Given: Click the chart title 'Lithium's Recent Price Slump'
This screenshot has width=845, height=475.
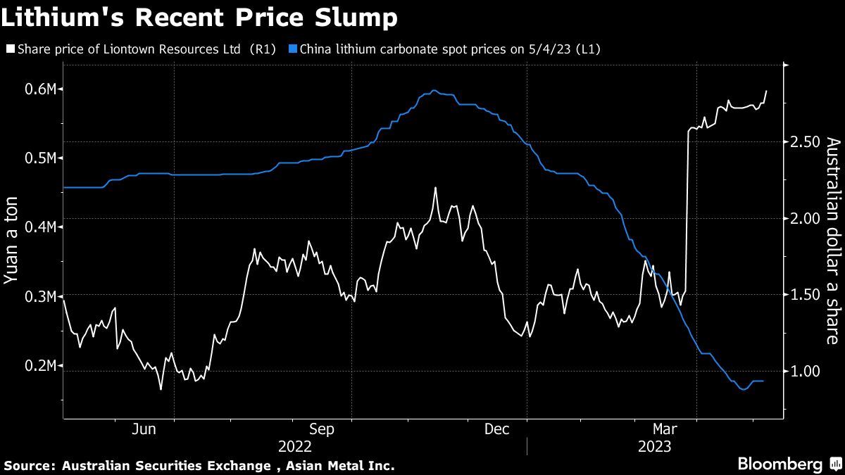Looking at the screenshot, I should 199,18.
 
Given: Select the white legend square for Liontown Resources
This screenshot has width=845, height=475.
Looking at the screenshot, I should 10,49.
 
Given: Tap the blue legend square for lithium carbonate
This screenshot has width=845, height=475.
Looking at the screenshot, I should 293,49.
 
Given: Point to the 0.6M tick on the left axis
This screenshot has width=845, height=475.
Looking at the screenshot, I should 43,89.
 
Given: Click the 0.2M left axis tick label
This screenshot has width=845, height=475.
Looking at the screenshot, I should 43,366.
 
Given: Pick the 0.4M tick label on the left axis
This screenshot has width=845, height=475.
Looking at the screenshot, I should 43,227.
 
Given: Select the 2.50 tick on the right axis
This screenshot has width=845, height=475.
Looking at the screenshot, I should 806,141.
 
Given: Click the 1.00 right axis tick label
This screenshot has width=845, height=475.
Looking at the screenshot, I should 806,371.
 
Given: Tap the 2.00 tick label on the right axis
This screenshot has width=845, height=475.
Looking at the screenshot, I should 806,218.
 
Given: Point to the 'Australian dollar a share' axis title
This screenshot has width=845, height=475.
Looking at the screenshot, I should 833,241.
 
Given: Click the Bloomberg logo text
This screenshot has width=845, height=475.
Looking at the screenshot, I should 780,464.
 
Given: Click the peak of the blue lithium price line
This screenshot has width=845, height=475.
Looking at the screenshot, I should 434,90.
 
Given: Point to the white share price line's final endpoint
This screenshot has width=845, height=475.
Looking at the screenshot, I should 766,91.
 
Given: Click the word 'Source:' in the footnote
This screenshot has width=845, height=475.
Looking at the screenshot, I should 29,465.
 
